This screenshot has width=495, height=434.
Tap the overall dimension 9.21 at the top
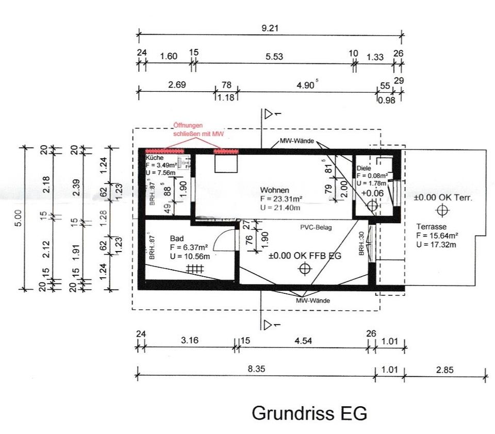[x=270, y=28]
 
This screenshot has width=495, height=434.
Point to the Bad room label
[x=177, y=239]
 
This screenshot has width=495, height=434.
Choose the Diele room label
[x=364, y=169]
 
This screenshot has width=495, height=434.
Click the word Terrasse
[x=432, y=227]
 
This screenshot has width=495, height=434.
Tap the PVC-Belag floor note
[x=316, y=227]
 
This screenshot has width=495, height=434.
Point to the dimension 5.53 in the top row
[x=274, y=57]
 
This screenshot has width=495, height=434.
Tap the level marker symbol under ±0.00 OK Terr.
[x=442, y=210]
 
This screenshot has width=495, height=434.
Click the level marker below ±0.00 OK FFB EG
[x=305, y=268]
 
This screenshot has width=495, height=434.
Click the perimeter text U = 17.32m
[x=436, y=244]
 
